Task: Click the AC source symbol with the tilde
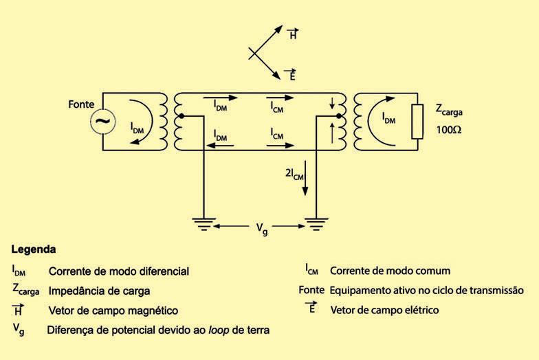pyautogui.click(x=102, y=122)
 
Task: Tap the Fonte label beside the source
pyautogui.click(x=82, y=104)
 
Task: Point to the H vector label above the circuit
pyautogui.click(x=293, y=35)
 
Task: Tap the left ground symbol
pyautogui.click(x=204, y=223)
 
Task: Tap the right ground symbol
pyautogui.click(x=315, y=223)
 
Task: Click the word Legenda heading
pyautogui.click(x=34, y=249)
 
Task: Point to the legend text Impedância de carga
pyautogui.click(x=99, y=291)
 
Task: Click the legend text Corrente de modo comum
pyautogui.click(x=390, y=271)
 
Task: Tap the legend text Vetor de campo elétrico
pyautogui.click(x=384, y=310)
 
